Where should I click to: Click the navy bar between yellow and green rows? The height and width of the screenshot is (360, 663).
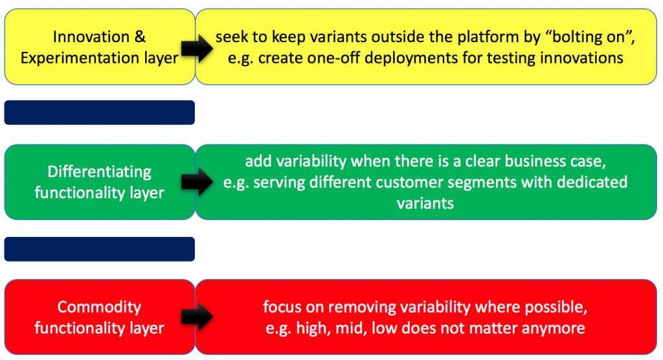[x=99, y=112]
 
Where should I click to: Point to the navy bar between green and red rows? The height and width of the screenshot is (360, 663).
[x=99, y=249]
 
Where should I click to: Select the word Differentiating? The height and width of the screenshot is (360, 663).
[x=99, y=172]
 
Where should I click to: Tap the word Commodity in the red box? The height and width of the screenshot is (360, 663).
[x=99, y=307]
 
